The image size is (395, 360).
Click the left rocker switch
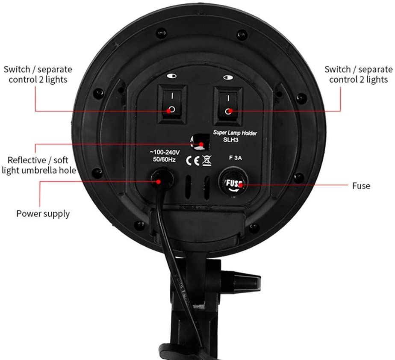pos(171,104)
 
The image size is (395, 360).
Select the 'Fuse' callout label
pos(361,186)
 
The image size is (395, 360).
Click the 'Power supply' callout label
pos(43,213)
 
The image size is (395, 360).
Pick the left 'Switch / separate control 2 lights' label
pos(38,74)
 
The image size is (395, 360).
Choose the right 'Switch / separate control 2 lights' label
pos(358,74)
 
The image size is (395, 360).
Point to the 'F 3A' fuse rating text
pos(235,157)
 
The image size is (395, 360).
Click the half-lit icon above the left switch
pos(171,76)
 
